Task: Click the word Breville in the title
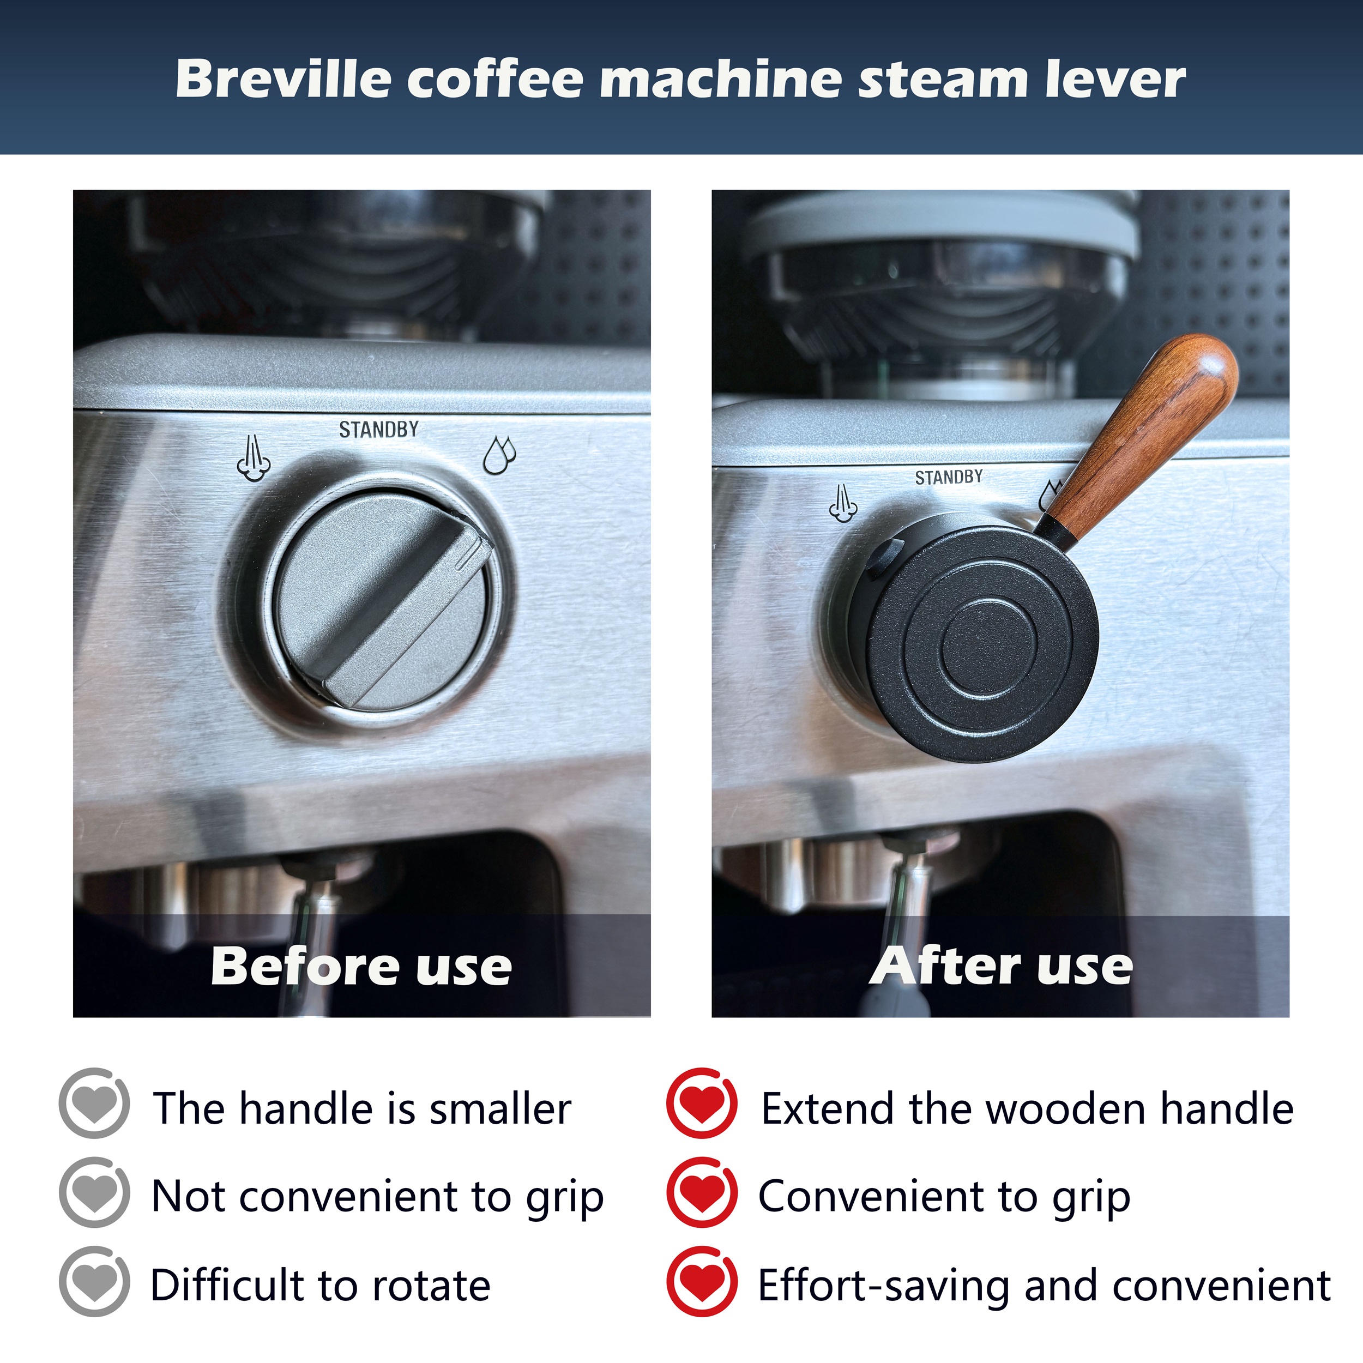283,79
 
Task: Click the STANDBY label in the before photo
379,430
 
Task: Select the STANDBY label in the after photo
949,478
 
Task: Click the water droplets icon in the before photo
499,455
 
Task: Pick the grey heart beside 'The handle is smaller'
94,1103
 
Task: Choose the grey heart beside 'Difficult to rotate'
94,1281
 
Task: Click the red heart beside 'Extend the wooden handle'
702,1103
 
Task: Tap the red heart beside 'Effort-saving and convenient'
702,1281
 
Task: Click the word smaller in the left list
500,1109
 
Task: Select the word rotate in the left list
431,1286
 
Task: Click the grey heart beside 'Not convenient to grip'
94,1192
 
